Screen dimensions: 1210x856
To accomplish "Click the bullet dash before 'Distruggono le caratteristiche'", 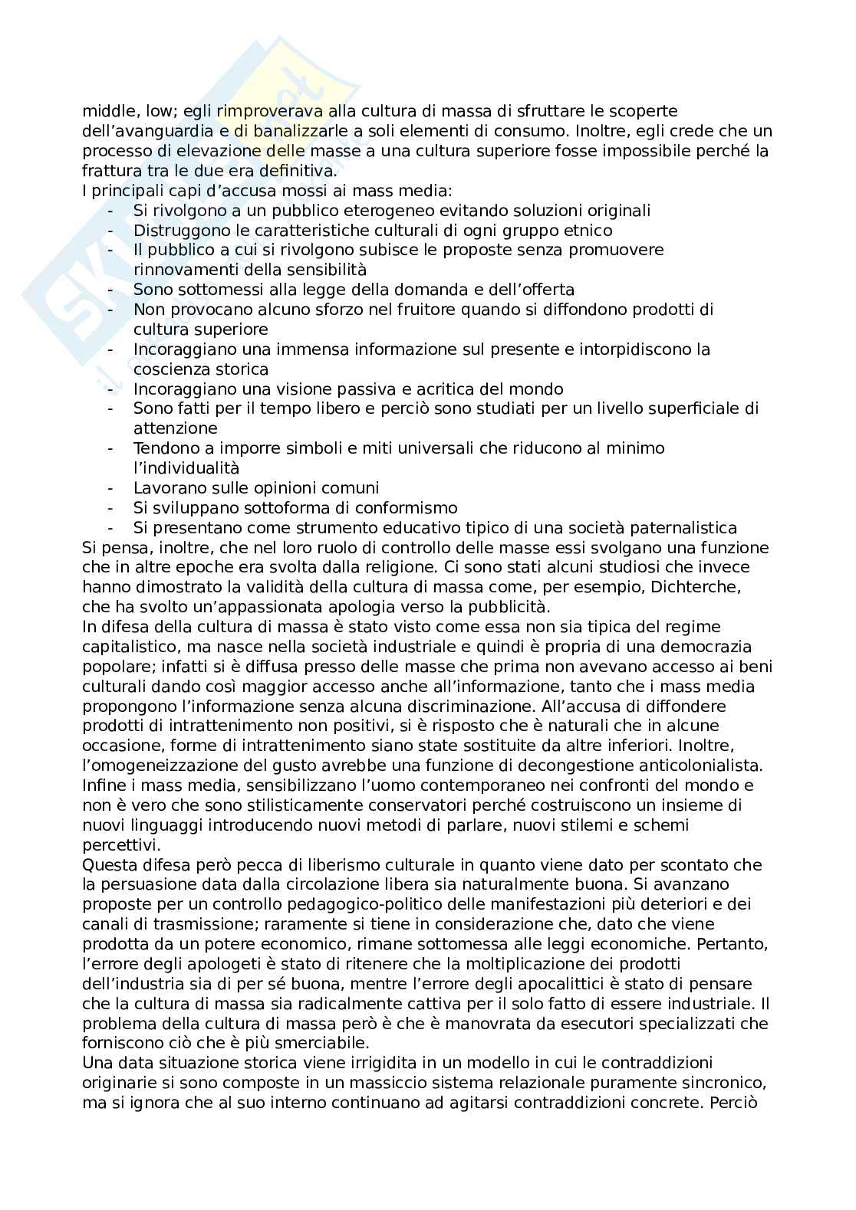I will pos(112,231).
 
